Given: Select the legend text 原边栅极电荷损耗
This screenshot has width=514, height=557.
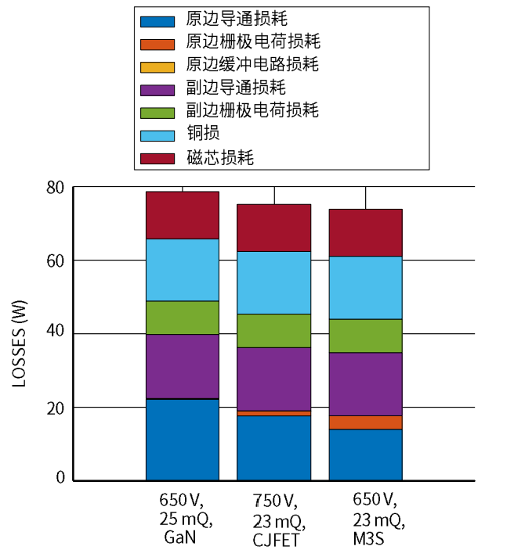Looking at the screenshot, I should [x=252, y=40].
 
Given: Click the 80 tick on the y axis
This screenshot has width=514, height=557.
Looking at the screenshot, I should [x=54, y=188].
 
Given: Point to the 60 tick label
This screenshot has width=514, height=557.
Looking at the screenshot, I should [x=54, y=260].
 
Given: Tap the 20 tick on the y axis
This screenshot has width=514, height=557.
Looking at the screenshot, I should [x=54, y=407].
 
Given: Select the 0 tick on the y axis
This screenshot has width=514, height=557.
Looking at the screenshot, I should [x=60, y=479].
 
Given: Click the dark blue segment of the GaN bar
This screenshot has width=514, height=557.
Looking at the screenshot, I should [x=183, y=439].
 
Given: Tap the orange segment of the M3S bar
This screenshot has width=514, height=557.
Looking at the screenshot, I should [x=366, y=422].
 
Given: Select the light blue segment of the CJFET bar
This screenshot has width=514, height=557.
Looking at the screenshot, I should [x=274, y=282].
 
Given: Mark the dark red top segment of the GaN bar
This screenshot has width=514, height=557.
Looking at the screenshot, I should [x=183, y=215].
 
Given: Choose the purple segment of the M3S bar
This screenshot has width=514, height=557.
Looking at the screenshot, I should [x=366, y=384].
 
